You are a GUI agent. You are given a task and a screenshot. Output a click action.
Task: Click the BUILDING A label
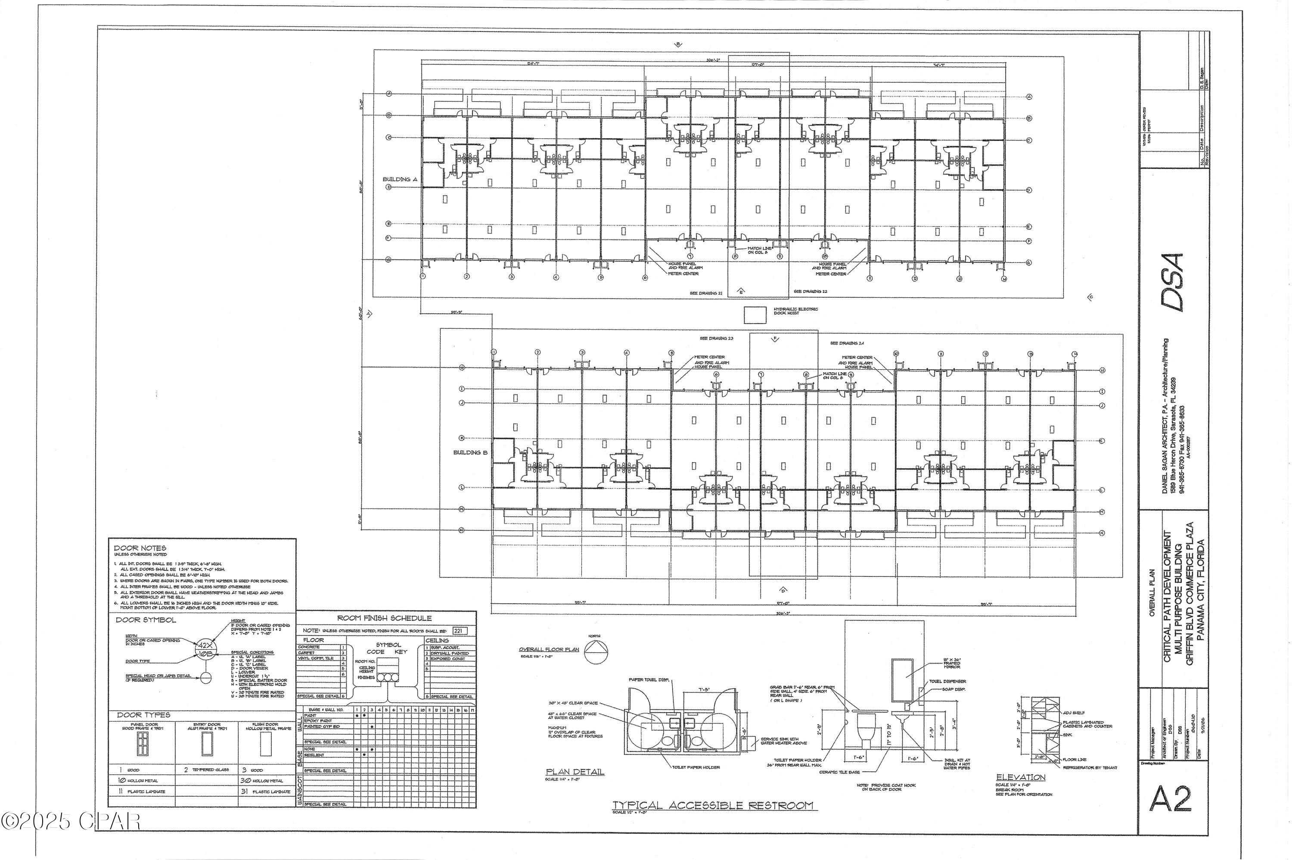400,179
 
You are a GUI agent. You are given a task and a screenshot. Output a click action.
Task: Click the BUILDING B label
470,452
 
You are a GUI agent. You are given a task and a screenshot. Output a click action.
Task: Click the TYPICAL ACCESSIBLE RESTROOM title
713,805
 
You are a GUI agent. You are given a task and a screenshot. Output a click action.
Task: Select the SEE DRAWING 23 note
716,338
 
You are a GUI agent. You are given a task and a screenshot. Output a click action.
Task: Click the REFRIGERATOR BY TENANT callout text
1090,767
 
